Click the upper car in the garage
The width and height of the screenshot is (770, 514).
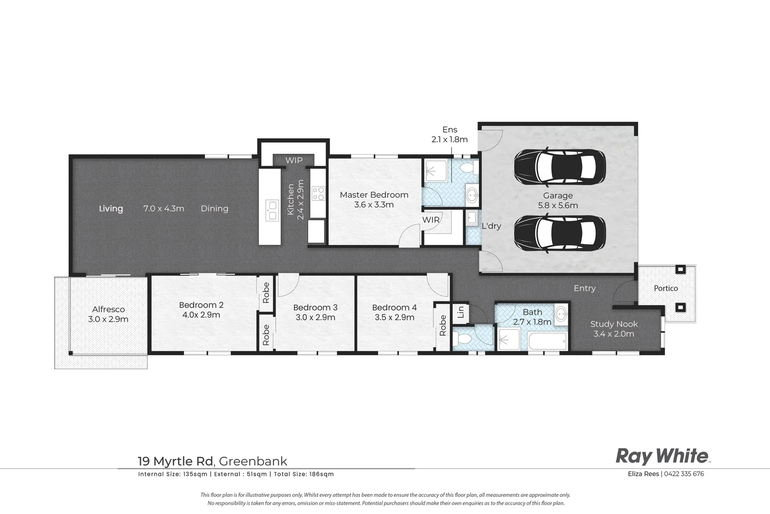(560, 168)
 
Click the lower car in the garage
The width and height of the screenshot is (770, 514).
(560, 234)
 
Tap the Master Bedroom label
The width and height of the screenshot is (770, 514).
(374, 195)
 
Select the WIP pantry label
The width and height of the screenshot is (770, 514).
(294, 160)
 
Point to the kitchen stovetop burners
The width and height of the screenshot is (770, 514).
(318, 193)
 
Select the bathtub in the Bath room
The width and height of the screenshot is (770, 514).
(548, 341)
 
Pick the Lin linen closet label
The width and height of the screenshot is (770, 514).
(461, 312)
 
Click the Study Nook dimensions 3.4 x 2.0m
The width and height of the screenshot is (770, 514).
(614, 334)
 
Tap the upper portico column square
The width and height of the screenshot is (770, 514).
(680, 269)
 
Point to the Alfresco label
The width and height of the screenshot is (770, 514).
(109, 309)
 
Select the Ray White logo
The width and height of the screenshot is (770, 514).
(662, 456)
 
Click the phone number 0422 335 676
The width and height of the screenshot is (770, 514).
(684, 474)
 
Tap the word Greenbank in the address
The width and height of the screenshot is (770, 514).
(253, 461)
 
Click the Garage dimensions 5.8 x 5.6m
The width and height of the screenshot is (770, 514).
(558, 206)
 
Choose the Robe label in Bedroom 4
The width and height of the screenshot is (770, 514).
(443, 325)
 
